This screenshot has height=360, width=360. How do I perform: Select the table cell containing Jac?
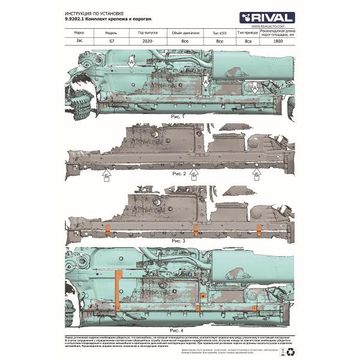tap(78, 42)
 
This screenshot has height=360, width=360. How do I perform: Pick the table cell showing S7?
tap(111, 42)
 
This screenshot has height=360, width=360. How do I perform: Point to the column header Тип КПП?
tap(220, 33)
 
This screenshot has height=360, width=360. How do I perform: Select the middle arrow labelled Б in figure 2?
tap(194, 175)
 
